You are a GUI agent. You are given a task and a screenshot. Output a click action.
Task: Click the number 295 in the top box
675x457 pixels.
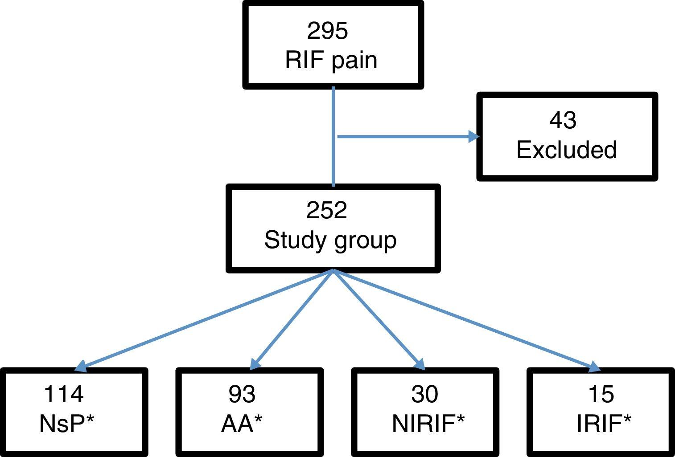pos(327,31)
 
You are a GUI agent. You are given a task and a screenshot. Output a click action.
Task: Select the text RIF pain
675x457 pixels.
pos(331,60)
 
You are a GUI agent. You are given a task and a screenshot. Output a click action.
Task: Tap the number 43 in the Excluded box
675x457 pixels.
pos(563,120)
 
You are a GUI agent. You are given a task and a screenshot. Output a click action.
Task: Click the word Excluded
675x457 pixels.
pos(566,150)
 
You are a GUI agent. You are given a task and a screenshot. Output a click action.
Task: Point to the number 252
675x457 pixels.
pos(326,210)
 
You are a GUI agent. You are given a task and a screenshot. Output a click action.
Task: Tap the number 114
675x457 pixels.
pos(64,394)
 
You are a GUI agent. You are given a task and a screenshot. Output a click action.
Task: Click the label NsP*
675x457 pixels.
pos(67,423)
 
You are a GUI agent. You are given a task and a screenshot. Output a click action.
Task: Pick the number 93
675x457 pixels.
pos(242,394)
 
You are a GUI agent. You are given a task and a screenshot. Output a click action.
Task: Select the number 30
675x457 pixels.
pos(424,394)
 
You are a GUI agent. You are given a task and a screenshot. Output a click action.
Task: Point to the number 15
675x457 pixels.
pos(601,394)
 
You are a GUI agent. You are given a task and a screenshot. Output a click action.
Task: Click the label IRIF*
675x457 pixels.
pos(604,423)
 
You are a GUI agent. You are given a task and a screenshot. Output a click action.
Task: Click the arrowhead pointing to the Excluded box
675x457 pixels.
pos(473,136)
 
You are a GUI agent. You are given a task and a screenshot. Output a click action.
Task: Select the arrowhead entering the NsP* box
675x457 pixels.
pos(81,367)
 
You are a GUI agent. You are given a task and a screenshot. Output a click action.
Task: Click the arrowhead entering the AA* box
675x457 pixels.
pos(255,364)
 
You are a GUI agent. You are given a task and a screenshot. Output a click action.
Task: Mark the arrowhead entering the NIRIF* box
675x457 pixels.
pos(420,364)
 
